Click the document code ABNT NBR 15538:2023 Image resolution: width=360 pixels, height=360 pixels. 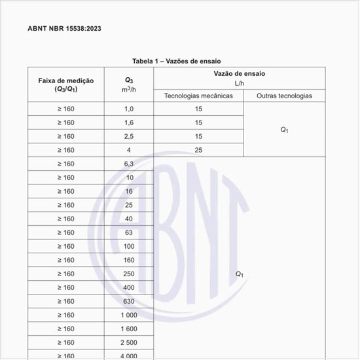64,29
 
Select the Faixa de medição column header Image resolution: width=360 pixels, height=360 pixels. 65,84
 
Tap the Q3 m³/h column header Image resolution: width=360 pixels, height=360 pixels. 129,84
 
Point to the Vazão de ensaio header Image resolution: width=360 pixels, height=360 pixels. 240,75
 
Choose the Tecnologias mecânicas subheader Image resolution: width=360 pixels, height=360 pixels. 198,96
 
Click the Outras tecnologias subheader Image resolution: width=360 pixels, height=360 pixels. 284,96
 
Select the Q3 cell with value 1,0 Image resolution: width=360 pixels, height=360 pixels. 129,109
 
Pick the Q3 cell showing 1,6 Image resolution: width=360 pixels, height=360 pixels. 129,122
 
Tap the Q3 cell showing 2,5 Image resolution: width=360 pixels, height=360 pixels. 129,136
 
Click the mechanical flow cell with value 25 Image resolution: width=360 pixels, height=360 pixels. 198,150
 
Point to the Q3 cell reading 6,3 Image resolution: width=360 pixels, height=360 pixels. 129,164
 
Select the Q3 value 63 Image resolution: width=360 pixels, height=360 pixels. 129,232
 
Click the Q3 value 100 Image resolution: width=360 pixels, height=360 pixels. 129,246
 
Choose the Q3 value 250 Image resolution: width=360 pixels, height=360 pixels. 129,274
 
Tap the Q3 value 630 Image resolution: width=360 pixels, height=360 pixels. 129,301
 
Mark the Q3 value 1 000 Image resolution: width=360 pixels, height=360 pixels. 129,315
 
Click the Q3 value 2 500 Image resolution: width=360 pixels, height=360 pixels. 129,342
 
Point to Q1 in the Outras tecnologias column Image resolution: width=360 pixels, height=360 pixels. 284,130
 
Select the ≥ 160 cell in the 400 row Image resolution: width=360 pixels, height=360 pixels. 65,287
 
